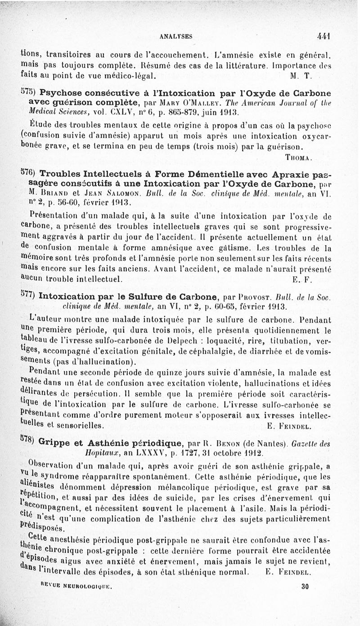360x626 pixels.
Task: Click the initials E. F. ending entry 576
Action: [x=300, y=278]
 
